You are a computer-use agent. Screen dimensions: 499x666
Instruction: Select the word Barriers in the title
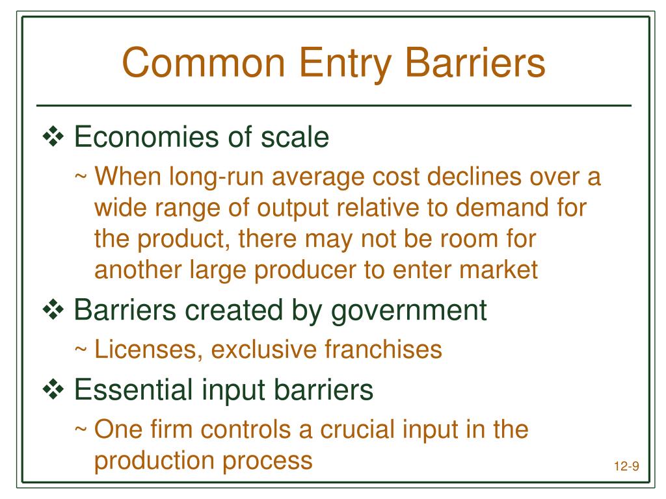pyautogui.click(x=485, y=64)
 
